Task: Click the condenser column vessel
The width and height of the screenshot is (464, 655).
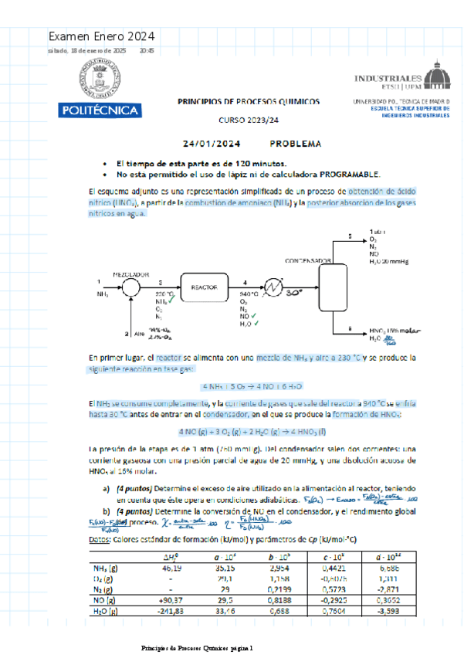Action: tap(334, 286)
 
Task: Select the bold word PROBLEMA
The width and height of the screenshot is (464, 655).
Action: tap(296, 144)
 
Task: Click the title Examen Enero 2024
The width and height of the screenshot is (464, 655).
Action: tap(101, 36)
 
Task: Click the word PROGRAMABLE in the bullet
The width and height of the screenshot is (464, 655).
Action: tap(345, 174)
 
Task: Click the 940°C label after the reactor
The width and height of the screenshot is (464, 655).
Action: tap(249, 294)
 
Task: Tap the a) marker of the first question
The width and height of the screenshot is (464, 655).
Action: tap(106, 489)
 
